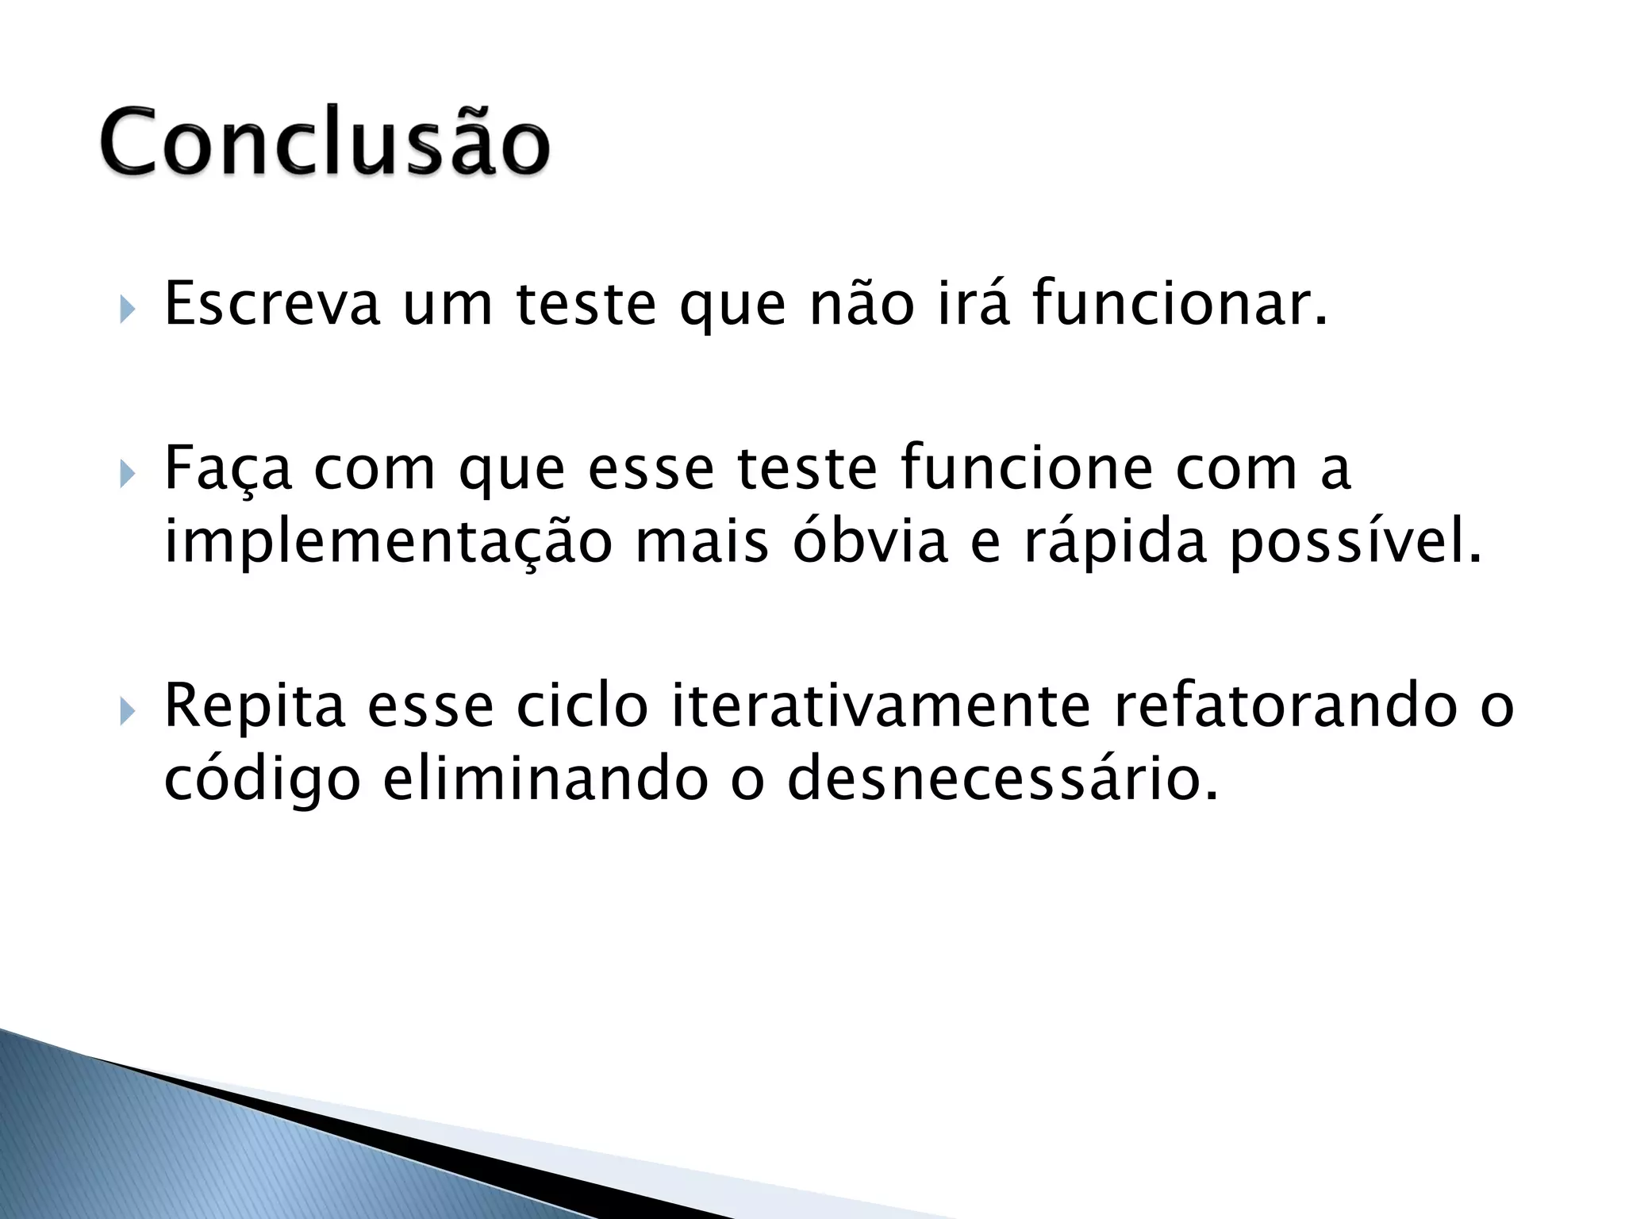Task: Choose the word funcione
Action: click(1027, 468)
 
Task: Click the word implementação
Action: click(388, 544)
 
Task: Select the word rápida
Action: click(1115, 544)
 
